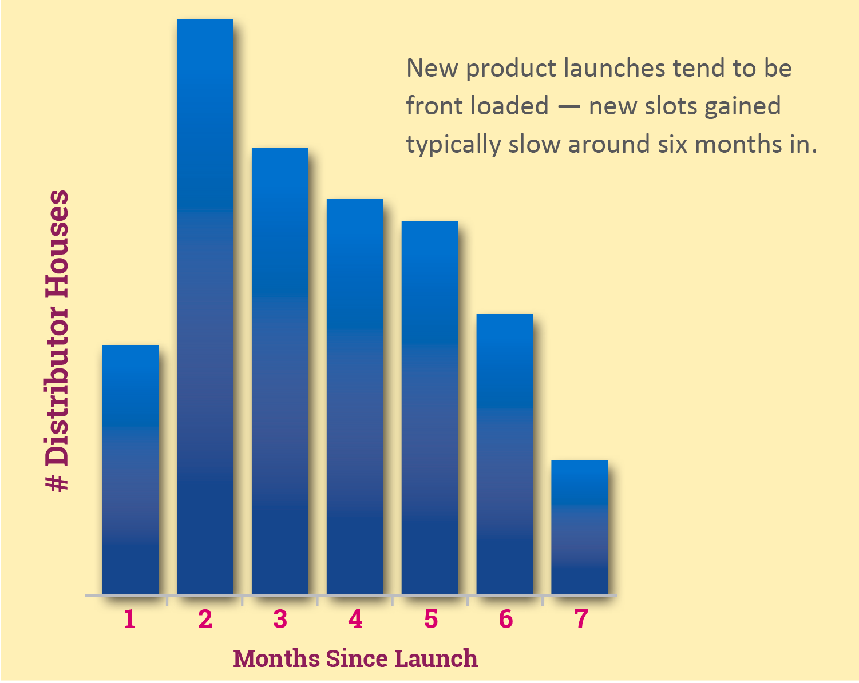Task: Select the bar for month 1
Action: point(130,470)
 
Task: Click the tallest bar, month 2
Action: point(205,307)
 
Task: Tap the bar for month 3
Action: point(280,371)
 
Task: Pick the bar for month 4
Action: point(355,396)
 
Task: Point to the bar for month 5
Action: point(429,408)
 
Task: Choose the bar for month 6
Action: point(505,454)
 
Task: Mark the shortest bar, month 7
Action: point(580,527)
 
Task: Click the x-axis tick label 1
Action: point(130,619)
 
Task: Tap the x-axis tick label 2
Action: point(205,619)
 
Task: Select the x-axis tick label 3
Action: point(280,619)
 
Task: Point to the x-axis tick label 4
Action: point(355,619)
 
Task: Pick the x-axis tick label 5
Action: point(431,619)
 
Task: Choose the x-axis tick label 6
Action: point(506,619)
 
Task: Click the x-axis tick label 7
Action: point(581,619)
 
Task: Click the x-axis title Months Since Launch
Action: point(355,658)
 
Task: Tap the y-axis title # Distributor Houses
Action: point(57,340)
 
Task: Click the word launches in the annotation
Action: point(614,68)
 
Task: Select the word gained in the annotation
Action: point(742,107)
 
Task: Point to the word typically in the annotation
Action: point(453,144)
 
